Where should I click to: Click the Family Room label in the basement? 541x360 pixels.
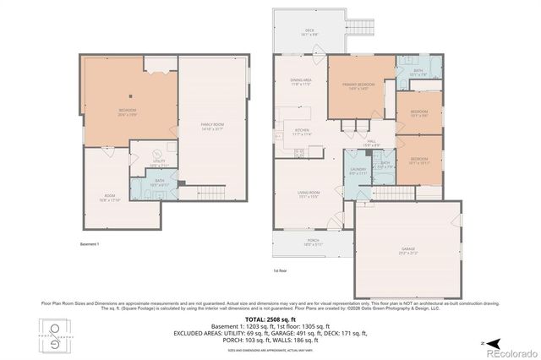[211, 127]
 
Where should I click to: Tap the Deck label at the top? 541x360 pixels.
[309, 33]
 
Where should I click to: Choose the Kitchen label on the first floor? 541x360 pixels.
[302, 132]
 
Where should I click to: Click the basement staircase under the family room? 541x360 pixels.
[198, 191]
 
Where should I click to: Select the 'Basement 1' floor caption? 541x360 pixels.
[90, 244]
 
